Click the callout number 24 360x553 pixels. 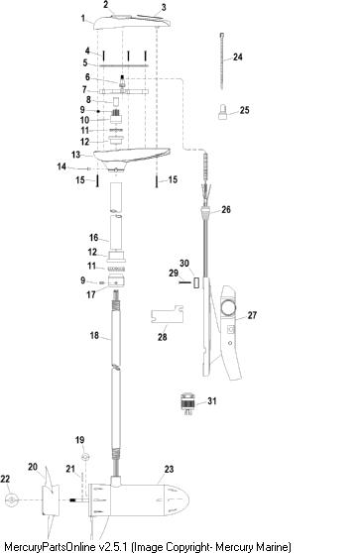pos(238,57)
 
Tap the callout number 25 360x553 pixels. pos(244,110)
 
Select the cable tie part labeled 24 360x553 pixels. pos(222,60)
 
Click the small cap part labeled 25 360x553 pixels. pos(222,112)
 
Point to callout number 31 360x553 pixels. pos(212,401)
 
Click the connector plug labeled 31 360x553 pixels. pos(188,403)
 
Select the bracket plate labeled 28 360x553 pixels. pos(167,314)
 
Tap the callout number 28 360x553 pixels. pos(162,337)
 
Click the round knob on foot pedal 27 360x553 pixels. pos(228,307)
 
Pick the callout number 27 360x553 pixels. pos(252,315)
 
